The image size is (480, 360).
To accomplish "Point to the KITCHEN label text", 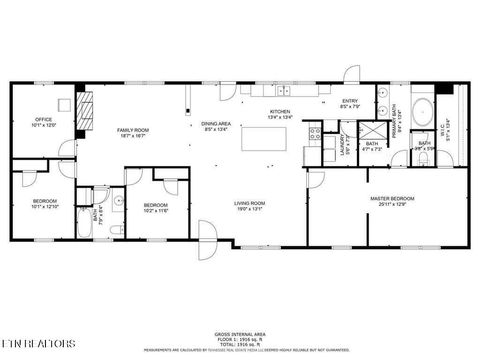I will (x=279, y=114).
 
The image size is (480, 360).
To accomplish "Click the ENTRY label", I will (x=349, y=101).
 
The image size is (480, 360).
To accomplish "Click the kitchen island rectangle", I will (x=266, y=138).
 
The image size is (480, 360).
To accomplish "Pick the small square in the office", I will (x=66, y=104).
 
